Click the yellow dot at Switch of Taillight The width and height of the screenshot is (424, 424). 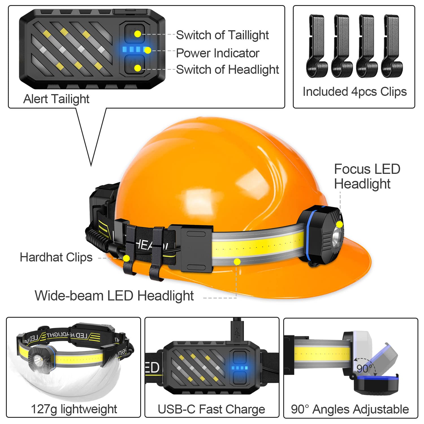pyautogui.click(x=137, y=34)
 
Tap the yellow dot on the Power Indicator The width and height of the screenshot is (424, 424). pyautogui.click(x=148, y=51)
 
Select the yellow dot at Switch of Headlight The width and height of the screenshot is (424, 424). pyautogui.click(x=137, y=68)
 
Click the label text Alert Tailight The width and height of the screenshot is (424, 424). pyautogui.click(x=56, y=99)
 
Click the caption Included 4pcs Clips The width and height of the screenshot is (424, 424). pyautogui.click(x=354, y=92)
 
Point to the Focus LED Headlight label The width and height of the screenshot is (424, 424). pyautogui.click(x=367, y=176)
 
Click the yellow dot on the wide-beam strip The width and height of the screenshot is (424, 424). pyautogui.click(x=237, y=261)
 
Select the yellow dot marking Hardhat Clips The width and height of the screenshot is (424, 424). pyautogui.click(x=126, y=258)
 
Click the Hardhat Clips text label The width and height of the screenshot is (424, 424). pyautogui.click(x=56, y=257)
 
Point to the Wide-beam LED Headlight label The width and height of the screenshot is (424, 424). pyautogui.click(x=114, y=296)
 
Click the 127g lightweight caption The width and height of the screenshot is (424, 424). pyautogui.click(x=74, y=409)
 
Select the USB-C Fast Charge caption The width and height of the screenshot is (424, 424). pyautogui.click(x=211, y=409)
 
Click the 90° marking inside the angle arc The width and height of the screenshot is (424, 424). pyautogui.click(x=364, y=369)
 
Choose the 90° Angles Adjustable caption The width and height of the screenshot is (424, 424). pyautogui.click(x=350, y=409)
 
